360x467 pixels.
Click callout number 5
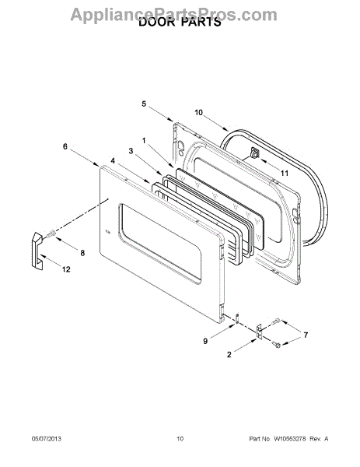144,104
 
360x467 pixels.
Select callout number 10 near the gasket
198,113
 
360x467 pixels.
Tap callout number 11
285,173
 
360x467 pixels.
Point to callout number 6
65,146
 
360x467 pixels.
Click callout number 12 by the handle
66,269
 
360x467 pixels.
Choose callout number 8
82,253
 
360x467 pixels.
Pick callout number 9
205,341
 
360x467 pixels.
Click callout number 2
229,354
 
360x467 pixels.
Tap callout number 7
306,335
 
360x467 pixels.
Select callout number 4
113,161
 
